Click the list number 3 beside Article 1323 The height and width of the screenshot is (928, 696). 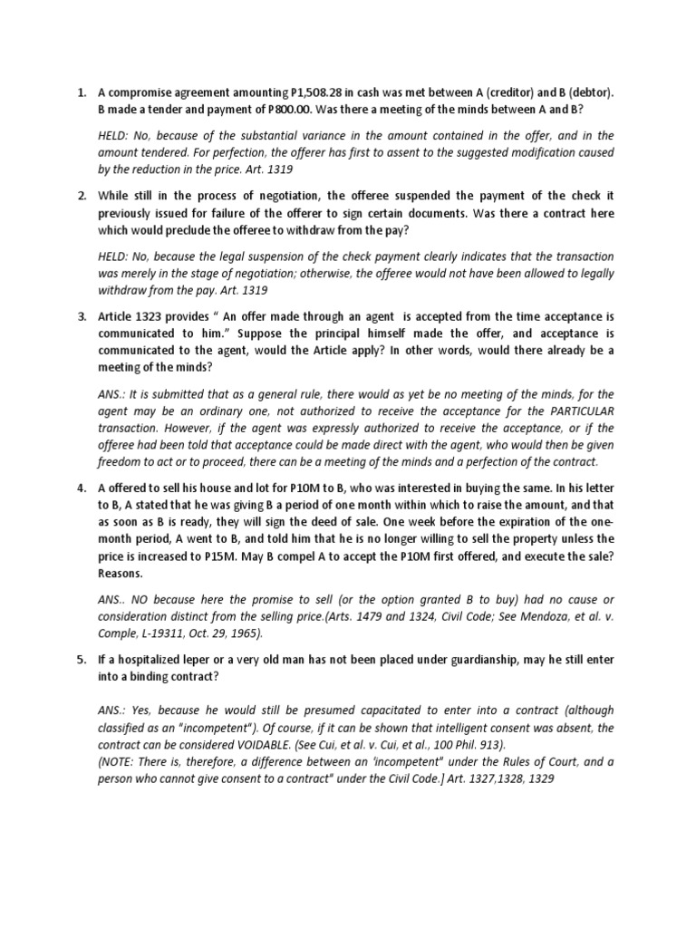82,317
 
